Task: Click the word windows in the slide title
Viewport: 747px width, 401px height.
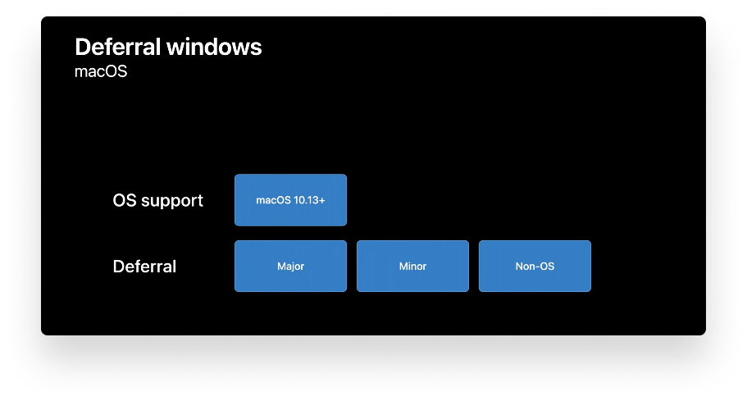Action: (x=216, y=47)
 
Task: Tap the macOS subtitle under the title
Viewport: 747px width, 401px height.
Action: (x=101, y=71)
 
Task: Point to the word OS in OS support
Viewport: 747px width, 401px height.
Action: (x=125, y=200)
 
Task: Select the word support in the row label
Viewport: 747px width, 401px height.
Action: (x=173, y=201)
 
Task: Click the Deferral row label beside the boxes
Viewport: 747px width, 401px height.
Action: (x=144, y=267)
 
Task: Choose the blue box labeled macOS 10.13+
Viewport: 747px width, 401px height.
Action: (x=290, y=199)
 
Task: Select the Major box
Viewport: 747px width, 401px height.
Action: (x=290, y=266)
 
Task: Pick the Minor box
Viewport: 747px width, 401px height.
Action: (x=412, y=266)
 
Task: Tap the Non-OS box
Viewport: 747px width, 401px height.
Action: (x=535, y=266)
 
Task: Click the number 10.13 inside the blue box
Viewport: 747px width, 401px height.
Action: (x=305, y=200)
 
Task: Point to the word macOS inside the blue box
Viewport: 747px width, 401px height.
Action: (x=273, y=200)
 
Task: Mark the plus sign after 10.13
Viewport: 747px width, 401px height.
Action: (x=321, y=200)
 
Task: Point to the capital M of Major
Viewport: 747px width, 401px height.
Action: (x=280, y=267)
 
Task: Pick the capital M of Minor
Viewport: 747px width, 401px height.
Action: (x=402, y=267)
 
